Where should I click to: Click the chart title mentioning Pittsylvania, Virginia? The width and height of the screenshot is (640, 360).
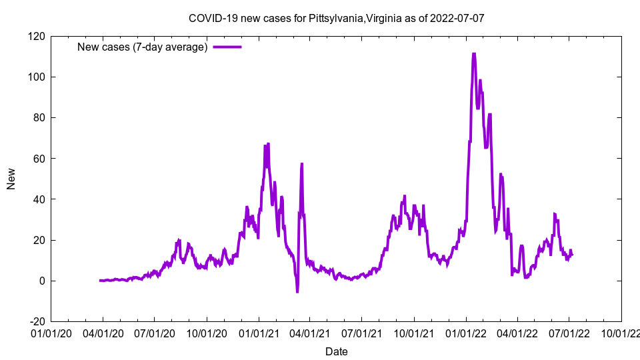click(336, 18)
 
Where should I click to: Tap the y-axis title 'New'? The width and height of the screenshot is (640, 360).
click(11, 178)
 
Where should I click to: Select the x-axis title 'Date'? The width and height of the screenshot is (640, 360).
click(336, 351)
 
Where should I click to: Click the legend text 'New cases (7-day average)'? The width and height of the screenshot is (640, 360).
click(143, 47)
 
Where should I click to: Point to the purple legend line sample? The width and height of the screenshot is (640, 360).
click(227, 47)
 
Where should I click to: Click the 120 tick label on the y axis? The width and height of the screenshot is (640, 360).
click(37, 36)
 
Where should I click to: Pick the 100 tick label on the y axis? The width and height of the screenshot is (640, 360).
click(37, 77)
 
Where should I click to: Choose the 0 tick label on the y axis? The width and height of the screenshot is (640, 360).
click(42, 281)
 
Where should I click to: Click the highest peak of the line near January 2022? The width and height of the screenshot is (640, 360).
click(473, 54)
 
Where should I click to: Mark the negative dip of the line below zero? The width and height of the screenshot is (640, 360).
click(297, 291)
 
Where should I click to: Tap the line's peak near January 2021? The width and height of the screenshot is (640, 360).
click(268, 144)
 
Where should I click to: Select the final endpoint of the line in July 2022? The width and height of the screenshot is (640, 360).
click(572, 255)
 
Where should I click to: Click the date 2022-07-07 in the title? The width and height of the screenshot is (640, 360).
click(457, 18)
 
